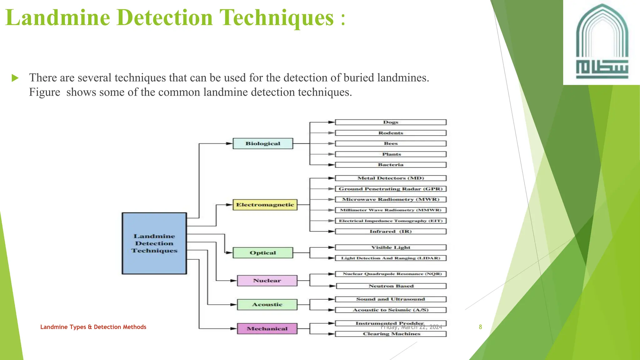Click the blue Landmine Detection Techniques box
point(154,243)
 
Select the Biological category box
point(263,143)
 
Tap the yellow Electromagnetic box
point(265,205)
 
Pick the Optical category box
point(263,252)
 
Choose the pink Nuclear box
point(267,281)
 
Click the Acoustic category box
point(267,304)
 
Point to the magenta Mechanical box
point(267,328)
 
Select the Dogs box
point(391,122)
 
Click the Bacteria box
point(391,165)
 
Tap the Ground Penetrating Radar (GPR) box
point(391,189)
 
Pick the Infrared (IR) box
point(391,231)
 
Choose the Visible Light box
point(391,247)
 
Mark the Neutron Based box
point(391,286)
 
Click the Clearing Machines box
point(391,334)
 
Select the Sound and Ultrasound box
point(391,299)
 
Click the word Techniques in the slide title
point(277,17)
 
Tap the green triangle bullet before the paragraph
point(15,78)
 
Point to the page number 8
point(480,327)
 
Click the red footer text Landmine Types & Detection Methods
point(93,327)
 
